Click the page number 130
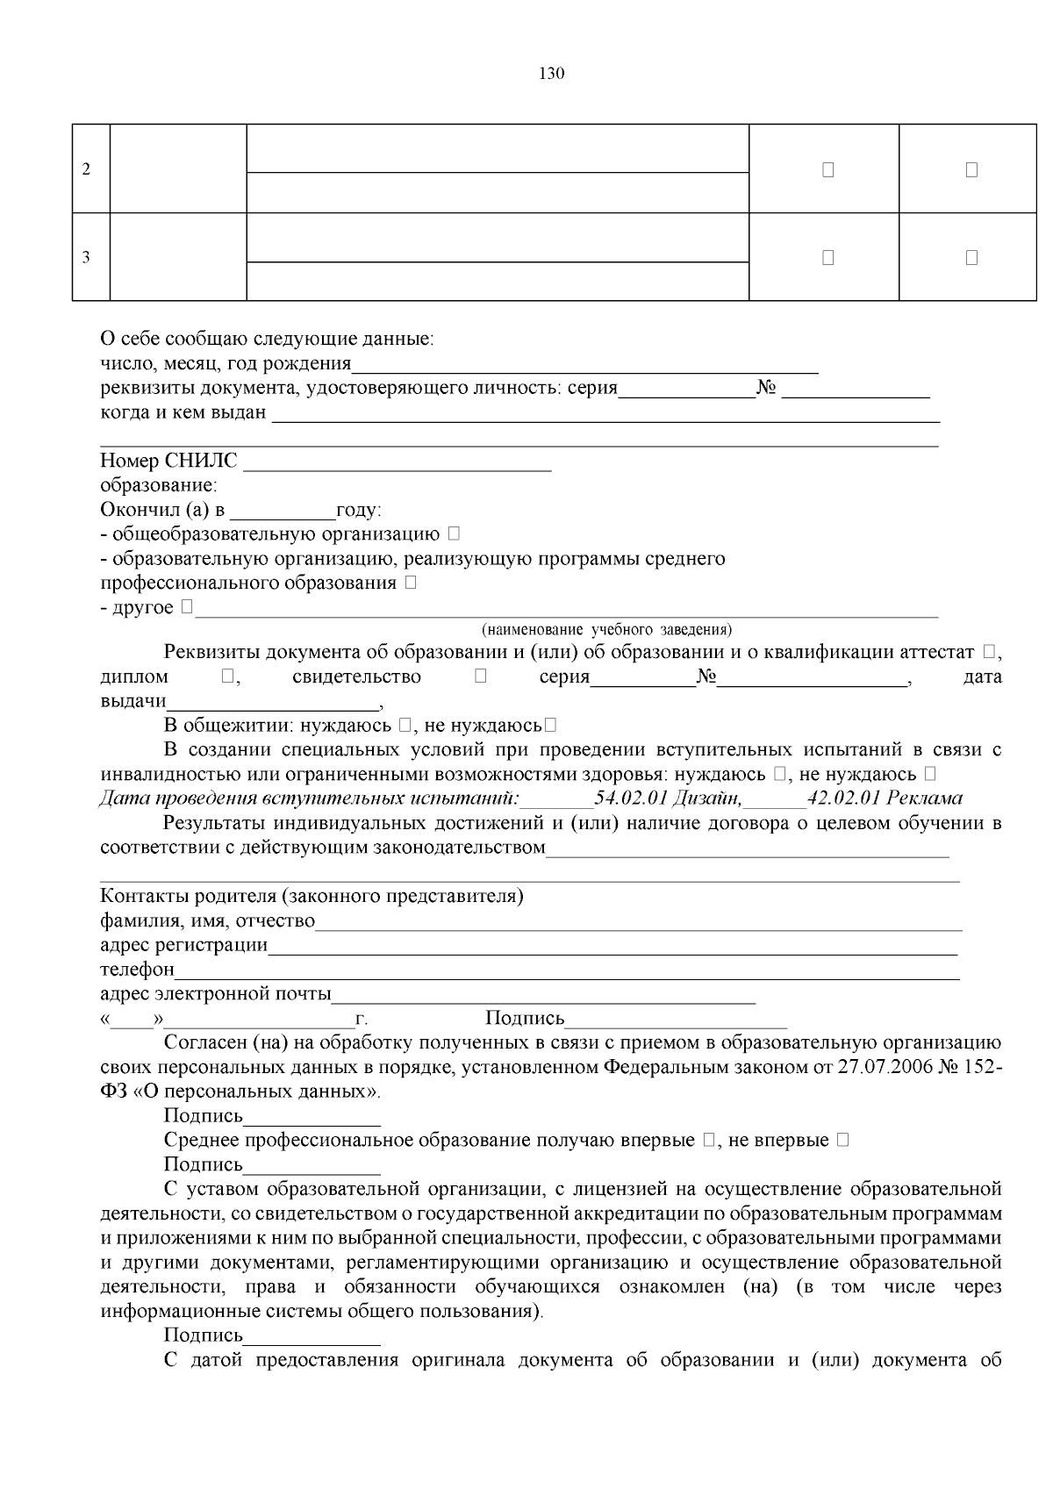click(x=551, y=74)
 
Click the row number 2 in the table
click(x=86, y=169)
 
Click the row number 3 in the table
click(x=86, y=258)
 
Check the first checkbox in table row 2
click(x=827, y=170)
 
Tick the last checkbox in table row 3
click(x=971, y=258)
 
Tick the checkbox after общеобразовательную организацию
click(x=453, y=533)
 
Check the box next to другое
click(x=187, y=607)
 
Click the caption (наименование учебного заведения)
click(x=606, y=630)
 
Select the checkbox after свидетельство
click(x=480, y=676)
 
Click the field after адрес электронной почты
click(x=544, y=996)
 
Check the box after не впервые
click(x=842, y=1141)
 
